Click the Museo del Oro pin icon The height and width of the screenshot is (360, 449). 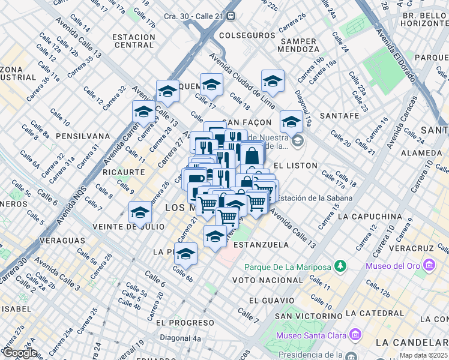tap(429, 265)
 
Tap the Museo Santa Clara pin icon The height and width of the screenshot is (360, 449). tap(355, 333)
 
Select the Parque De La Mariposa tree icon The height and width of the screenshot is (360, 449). tap(340, 265)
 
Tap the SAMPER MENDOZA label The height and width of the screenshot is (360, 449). tap(298, 45)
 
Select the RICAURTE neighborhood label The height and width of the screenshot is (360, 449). tap(124, 172)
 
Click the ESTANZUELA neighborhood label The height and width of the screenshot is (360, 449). tap(261, 245)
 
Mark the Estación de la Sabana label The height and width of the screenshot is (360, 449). tap(316, 198)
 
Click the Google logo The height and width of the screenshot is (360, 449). tap(20, 353)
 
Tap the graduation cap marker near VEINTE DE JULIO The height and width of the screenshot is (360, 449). tap(140, 213)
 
